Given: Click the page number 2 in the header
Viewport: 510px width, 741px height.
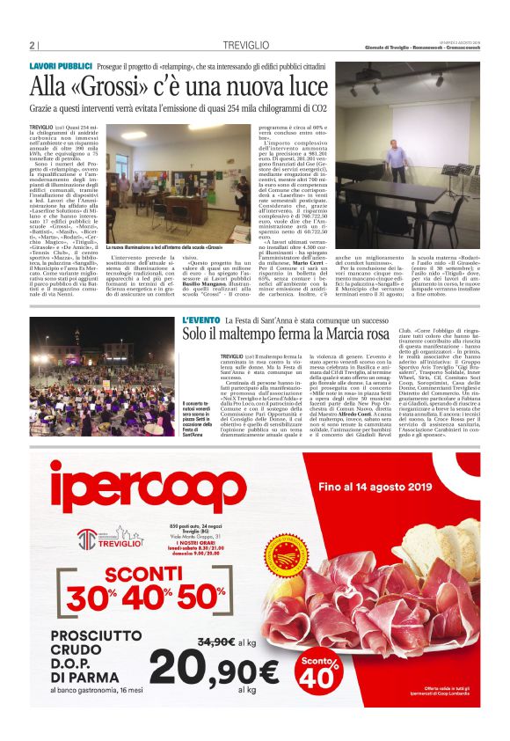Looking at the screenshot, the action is [x=32, y=46].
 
